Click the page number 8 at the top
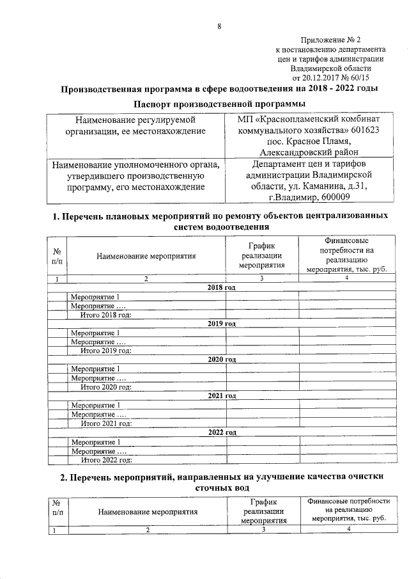coord(219,26)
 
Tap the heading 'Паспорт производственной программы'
coord(219,104)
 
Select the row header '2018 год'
coord(222,288)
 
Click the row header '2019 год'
coord(222,324)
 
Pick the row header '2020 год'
coord(222,360)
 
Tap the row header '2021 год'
coord(222,396)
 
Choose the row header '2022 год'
coord(222,432)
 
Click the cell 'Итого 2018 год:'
coord(106,315)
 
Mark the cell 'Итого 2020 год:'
coord(106,387)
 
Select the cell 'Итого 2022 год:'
coord(106,459)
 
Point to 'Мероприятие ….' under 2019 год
coord(97,342)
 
